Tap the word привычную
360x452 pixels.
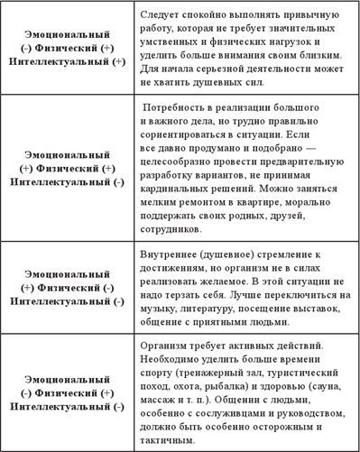point(315,16)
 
